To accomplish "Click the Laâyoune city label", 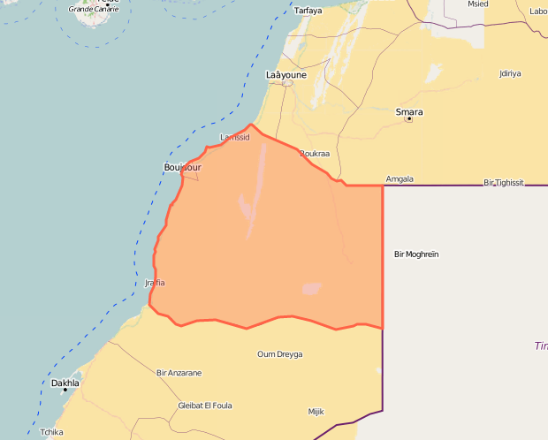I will (x=285, y=76).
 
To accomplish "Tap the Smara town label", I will (x=408, y=112).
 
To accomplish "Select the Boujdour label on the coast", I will (x=183, y=167).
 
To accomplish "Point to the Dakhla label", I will (x=65, y=383).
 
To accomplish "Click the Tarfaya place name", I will (x=308, y=11).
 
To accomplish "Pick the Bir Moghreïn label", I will (x=415, y=254).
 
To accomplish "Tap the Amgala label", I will (x=400, y=179).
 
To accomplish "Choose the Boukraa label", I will (x=315, y=154).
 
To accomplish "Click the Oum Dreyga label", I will (x=279, y=354).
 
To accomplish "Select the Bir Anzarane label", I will (x=179, y=374).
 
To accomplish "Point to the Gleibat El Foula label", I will (x=205, y=406).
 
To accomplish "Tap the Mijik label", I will (x=316, y=412).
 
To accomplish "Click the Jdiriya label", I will (x=510, y=73).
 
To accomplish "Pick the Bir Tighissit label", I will (x=504, y=183).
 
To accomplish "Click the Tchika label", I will (x=52, y=432).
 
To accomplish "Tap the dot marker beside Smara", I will (x=408, y=119).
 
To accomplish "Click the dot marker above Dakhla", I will (x=65, y=376).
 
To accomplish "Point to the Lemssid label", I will (x=235, y=138).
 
